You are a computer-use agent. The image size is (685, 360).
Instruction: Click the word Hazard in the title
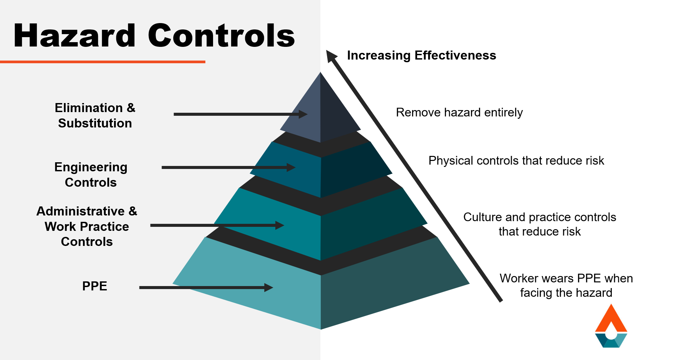click(74, 36)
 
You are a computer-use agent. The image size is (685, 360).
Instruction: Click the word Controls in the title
click(221, 36)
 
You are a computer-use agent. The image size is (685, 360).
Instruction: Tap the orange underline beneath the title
click(102, 62)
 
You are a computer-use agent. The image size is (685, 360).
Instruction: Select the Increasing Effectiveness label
click(421, 55)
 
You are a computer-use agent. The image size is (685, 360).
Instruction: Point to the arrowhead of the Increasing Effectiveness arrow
click(331, 56)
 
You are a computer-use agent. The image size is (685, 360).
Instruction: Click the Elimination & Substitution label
click(95, 115)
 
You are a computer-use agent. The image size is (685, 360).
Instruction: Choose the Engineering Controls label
click(91, 175)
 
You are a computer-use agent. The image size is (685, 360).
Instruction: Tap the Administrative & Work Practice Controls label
click(87, 227)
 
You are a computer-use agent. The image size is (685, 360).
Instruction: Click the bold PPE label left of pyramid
click(95, 286)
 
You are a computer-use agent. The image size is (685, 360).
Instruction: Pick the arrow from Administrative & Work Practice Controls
click(214, 226)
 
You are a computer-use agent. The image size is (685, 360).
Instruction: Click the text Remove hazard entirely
click(459, 112)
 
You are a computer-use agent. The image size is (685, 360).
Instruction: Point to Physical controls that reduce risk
click(516, 161)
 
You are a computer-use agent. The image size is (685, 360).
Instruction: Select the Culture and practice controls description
click(540, 224)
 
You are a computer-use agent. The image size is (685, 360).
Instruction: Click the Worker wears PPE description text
click(566, 285)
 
